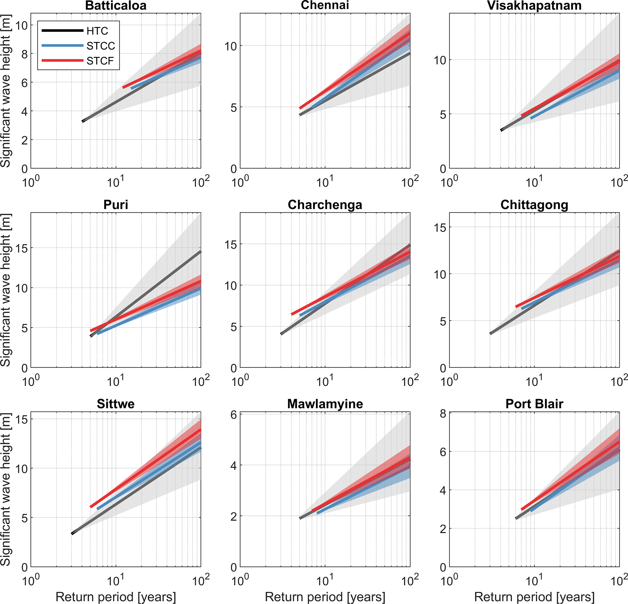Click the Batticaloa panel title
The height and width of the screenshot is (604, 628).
point(116,6)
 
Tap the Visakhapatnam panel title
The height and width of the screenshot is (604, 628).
point(534,6)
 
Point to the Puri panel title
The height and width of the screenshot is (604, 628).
point(116,205)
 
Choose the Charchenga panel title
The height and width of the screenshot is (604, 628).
point(324,205)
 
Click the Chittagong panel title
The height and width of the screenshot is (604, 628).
point(534,205)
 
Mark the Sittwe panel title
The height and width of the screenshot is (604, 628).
point(116,404)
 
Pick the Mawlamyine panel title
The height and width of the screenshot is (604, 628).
point(324,404)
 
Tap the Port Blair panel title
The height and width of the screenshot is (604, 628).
point(534,404)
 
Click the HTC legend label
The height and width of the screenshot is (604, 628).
point(97,31)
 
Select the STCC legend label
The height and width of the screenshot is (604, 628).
point(101,46)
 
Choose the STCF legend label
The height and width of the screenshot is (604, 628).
point(100,60)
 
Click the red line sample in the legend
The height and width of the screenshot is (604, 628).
point(63,60)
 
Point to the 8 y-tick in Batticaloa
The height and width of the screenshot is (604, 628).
point(24,54)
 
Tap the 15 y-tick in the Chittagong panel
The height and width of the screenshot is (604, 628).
point(440,228)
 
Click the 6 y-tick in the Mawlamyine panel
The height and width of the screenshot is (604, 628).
point(233,415)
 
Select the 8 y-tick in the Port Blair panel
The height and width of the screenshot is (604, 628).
point(443,414)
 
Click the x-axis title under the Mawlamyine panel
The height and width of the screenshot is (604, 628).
point(324,597)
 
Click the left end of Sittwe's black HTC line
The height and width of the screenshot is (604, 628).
point(72,534)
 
